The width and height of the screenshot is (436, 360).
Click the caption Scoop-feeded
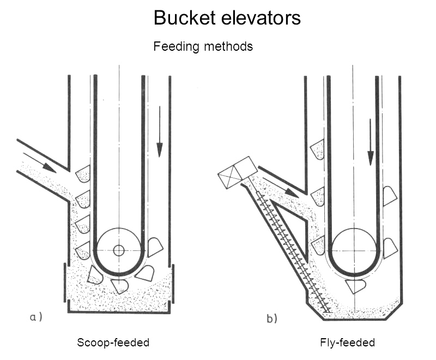pyautogui.click(x=113, y=343)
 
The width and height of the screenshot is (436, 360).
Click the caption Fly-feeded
pyautogui.click(x=347, y=343)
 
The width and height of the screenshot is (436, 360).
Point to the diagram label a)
pyautogui.click(x=36, y=317)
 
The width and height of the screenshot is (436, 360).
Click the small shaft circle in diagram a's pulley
pyautogui.click(x=118, y=250)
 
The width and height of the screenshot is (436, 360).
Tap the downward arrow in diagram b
pyautogui.click(x=371, y=142)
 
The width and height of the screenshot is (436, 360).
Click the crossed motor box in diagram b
pyautogui.click(x=238, y=172)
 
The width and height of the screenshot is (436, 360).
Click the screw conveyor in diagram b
pyautogui.click(x=292, y=251)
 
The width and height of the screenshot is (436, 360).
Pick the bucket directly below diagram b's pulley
pyautogui.click(x=355, y=285)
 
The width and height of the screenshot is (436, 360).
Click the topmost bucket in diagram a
pyautogui.click(x=83, y=174)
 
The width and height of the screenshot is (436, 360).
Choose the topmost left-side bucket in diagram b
pyautogui.click(x=317, y=149)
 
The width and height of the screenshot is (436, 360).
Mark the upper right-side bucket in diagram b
pyautogui.click(x=389, y=196)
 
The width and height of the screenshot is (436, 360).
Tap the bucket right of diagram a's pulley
pyautogui.click(x=155, y=246)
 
